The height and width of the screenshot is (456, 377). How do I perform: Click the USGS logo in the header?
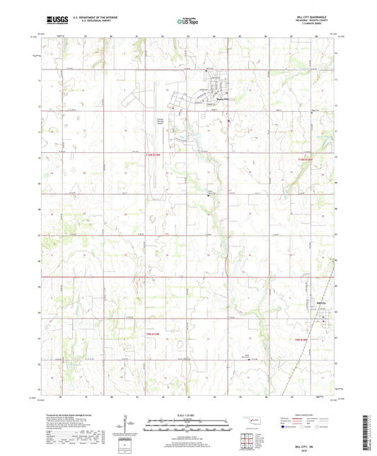tap(54, 19)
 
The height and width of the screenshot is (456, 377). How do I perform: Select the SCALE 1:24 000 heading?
tap(188, 414)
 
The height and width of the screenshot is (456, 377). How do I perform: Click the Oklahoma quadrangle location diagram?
tap(247, 419)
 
